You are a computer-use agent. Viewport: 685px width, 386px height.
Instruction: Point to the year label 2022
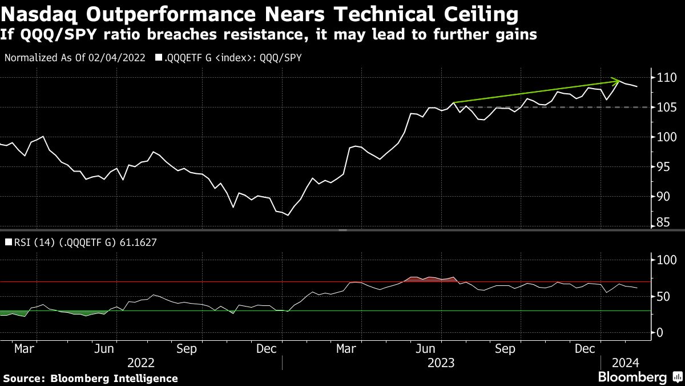(141, 362)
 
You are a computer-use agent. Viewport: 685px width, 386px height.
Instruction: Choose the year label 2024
(626, 362)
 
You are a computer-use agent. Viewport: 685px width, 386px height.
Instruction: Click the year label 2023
(441, 362)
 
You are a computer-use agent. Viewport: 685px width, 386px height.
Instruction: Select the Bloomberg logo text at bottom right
(632, 377)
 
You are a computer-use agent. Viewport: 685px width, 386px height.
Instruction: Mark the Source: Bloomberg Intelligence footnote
(90, 378)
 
